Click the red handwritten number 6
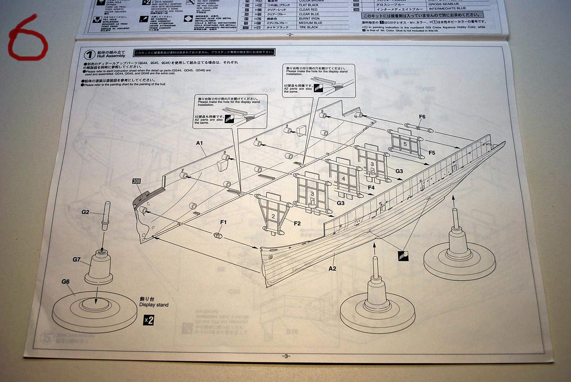[28, 37]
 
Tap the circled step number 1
[89, 55]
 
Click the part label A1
[199, 143]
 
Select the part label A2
[332, 268]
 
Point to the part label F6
[422, 117]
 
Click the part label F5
[432, 153]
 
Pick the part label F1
[223, 222]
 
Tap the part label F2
[297, 223]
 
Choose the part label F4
[371, 187]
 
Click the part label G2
[85, 212]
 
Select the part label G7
[77, 259]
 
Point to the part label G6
[66, 281]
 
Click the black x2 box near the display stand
[148, 320]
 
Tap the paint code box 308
[136, 181]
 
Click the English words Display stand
[154, 305]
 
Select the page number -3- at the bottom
[286, 356]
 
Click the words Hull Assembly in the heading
[111, 56]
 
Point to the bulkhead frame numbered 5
[405, 144]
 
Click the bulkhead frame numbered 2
[273, 216]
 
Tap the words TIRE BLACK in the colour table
[309, 27]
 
